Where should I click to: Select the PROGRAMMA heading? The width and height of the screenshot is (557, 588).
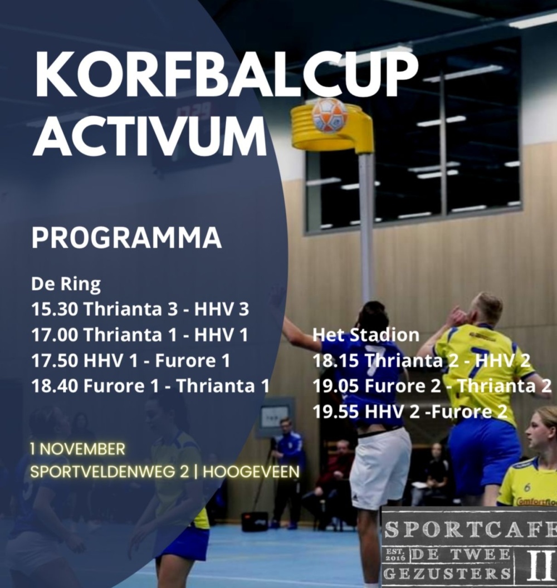(x=126, y=237)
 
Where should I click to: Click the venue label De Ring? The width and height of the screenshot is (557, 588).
(x=66, y=284)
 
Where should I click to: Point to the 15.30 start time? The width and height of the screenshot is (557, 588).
(x=55, y=310)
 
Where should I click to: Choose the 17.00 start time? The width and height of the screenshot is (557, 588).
(x=55, y=335)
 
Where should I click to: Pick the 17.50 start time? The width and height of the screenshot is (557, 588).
(x=55, y=360)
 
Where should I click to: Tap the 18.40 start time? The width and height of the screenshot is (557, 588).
(x=55, y=385)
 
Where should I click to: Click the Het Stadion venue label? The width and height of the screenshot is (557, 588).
(x=366, y=335)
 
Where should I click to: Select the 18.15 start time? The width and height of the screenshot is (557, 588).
(x=336, y=360)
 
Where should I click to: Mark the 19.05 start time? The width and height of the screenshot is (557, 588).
(x=336, y=386)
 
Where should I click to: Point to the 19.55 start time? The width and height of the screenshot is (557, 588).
(x=336, y=411)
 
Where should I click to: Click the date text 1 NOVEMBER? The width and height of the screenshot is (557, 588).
(x=77, y=449)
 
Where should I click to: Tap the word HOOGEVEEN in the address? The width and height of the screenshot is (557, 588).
(x=251, y=472)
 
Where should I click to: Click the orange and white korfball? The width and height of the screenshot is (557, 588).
(x=330, y=115)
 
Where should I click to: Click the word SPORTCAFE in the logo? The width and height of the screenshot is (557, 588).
(x=470, y=529)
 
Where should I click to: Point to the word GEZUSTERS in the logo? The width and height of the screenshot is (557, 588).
(x=447, y=574)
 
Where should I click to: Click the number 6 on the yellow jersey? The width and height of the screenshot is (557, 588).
(x=527, y=487)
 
